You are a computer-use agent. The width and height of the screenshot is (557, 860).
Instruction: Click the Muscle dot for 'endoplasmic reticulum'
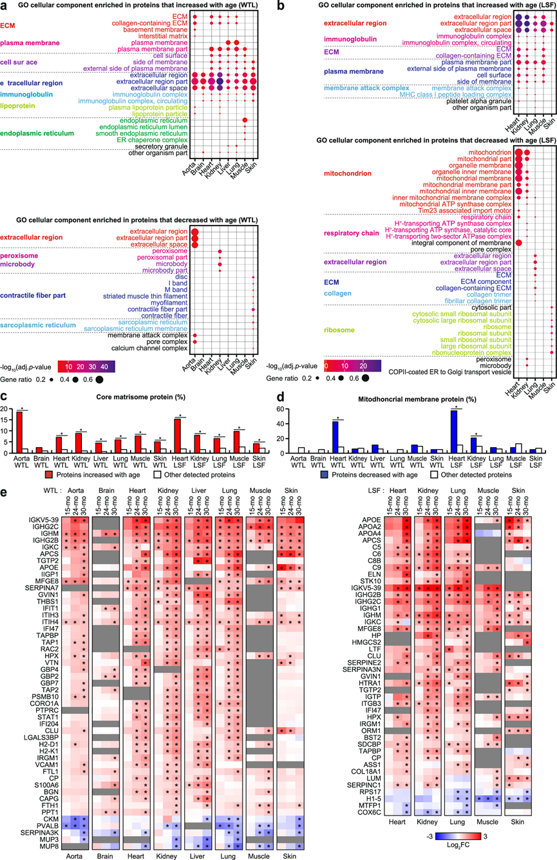(x=245, y=120)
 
